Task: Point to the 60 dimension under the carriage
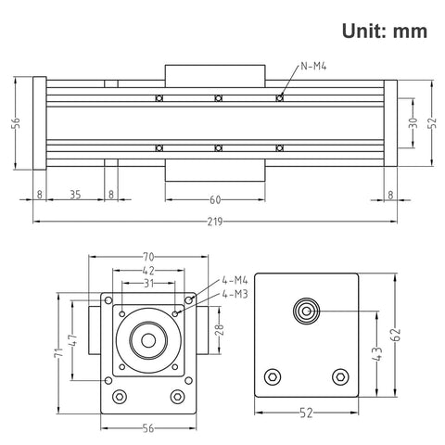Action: click(216, 199)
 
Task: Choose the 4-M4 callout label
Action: click(235, 280)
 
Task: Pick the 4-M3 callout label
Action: click(235, 294)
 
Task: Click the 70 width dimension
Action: click(148, 256)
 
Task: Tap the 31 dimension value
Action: click(148, 283)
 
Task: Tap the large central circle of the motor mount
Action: click(147, 337)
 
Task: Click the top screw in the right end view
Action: click(305, 310)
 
